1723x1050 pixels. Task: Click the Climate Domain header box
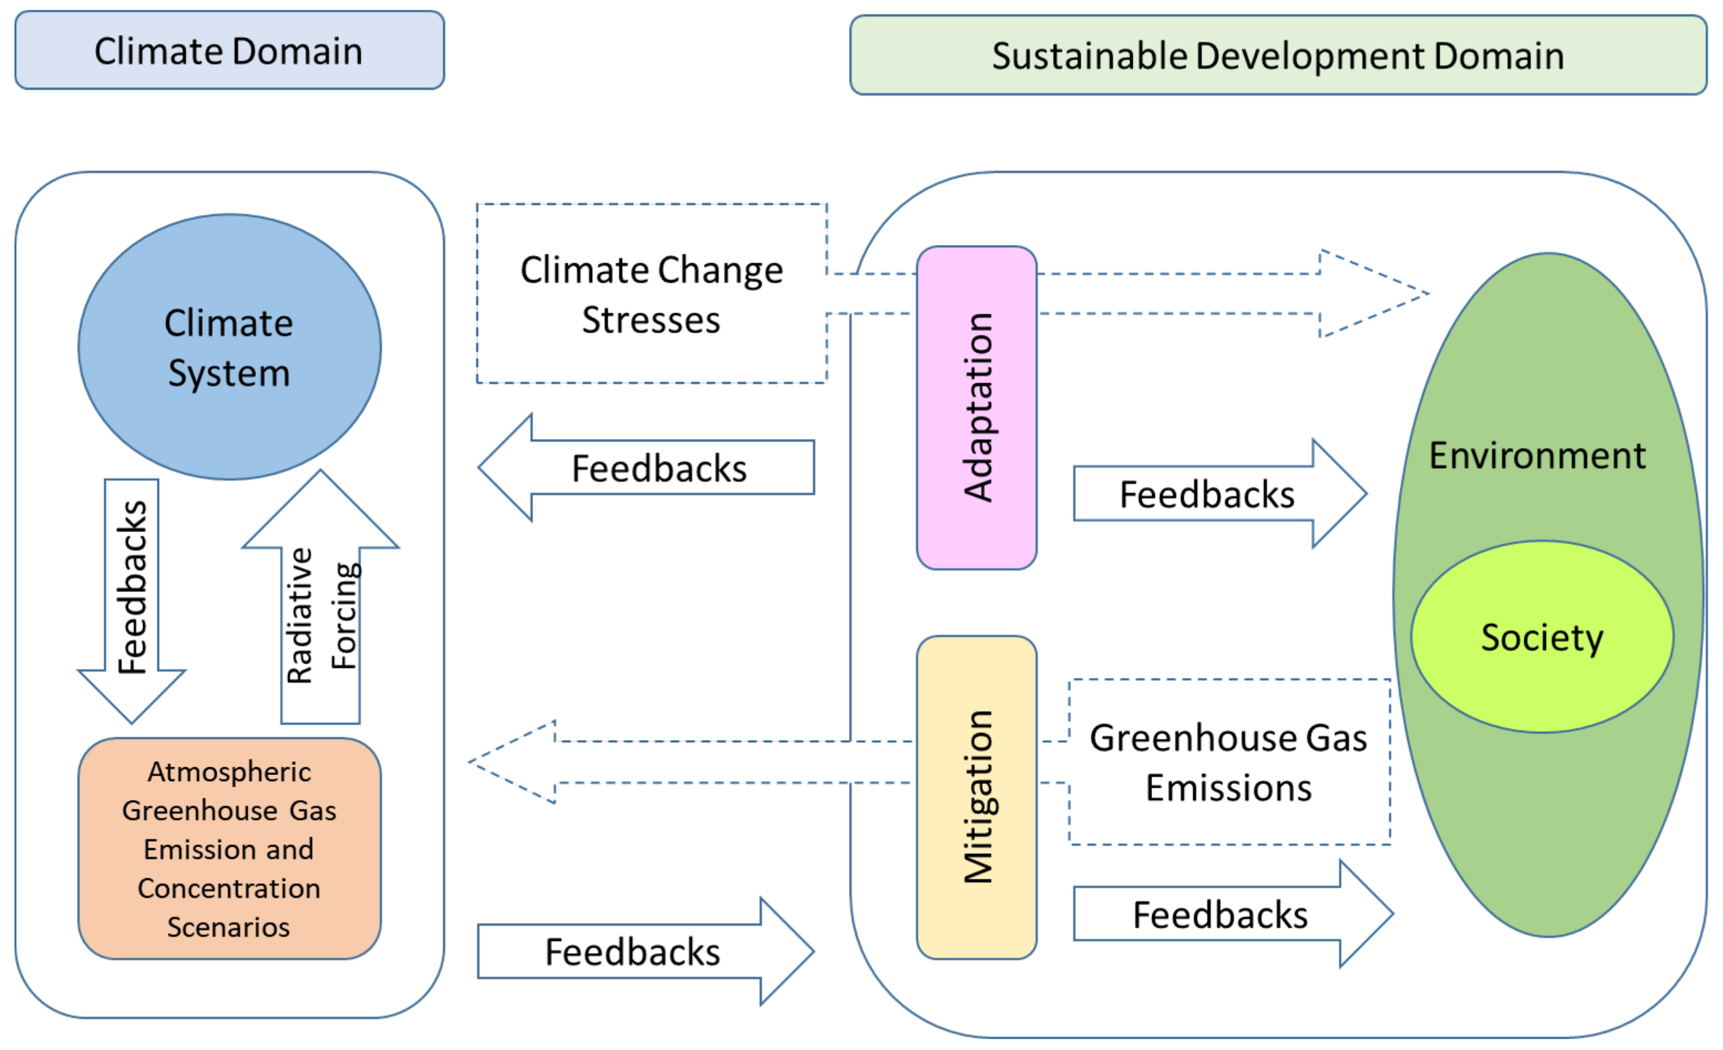[x=229, y=51]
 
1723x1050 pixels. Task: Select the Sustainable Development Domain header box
[x=1277, y=56]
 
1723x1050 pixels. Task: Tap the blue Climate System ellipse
[x=229, y=347]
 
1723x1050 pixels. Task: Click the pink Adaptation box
[x=976, y=408]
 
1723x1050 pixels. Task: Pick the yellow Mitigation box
[x=976, y=797]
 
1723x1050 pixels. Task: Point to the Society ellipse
[x=1541, y=637]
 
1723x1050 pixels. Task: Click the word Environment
[x=1537, y=456]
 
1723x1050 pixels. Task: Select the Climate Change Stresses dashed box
[x=651, y=294]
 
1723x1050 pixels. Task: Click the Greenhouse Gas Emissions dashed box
[x=1229, y=763]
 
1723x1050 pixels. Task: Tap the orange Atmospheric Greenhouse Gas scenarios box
[x=229, y=849]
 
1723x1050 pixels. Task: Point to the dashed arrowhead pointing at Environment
[x=1371, y=294]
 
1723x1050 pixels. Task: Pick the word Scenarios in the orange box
[x=228, y=927]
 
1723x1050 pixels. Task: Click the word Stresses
[x=651, y=320]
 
